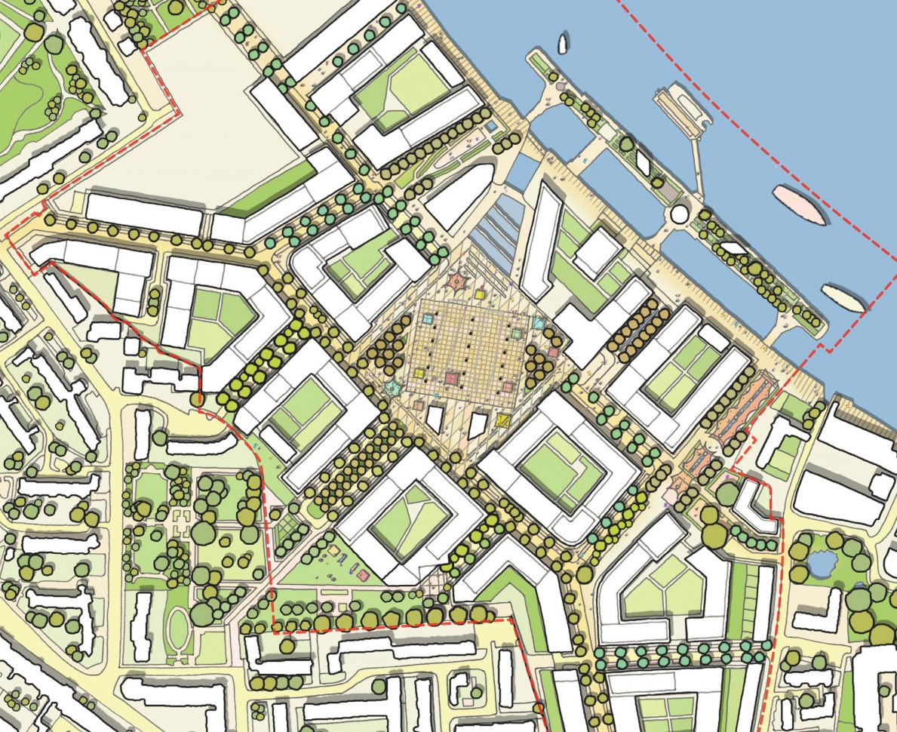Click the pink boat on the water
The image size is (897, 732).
[797, 204]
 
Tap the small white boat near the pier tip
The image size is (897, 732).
[562, 45]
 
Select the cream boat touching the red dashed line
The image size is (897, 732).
[843, 297]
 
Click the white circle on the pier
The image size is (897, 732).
[680, 214]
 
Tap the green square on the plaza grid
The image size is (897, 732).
[517, 332]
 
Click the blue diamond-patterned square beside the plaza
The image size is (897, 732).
[540, 323]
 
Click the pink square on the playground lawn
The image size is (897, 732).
[364, 575]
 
